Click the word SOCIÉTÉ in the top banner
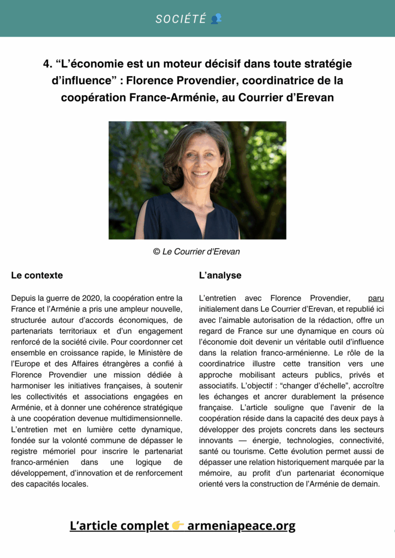pyautogui.click(x=181, y=19)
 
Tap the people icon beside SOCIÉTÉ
pyautogui.click(x=217, y=19)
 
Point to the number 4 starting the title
pyautogui.click(x=47, y=64)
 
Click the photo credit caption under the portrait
pyautogui.click(x=197, y=252)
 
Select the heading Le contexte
pyautogui.click(x=37, y=275)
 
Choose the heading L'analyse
pyautogui.click(x=220, y=275)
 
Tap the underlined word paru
pyautogui.click(x=376, y=298)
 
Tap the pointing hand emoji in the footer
pyautogui.click(x=178, y=526)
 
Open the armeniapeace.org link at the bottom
pyautogui.click(x=241, y=526)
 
